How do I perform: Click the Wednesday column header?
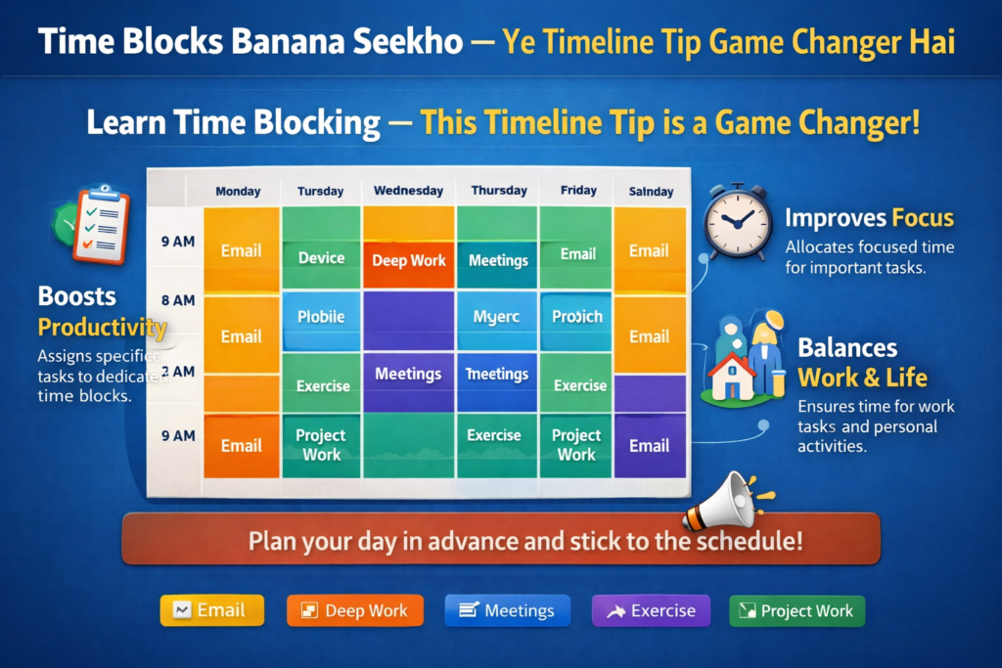tap(409, 191)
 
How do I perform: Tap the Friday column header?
tap(577, 191)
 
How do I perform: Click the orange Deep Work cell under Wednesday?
tap(409, 260)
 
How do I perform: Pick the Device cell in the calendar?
tap(321, 258)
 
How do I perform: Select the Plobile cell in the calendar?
tap(321, 316)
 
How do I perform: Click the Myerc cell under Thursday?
tap(497, 316)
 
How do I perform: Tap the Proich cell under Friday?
tap(576, 316)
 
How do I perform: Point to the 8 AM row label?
tap(177, 300)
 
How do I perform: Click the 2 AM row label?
tap(177, 372)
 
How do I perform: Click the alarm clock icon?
tap(737, 222)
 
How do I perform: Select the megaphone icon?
tap(723, 501)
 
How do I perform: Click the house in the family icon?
tap(733, 377)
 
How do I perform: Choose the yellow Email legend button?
tap(212, 611)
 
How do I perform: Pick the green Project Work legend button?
tap(797, 611)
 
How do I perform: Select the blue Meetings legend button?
tap(507, 611)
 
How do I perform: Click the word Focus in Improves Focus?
tap(923, 217)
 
